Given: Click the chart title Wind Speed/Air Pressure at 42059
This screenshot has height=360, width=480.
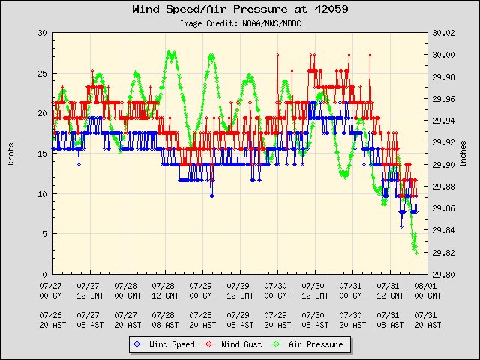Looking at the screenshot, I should tap(239, 10).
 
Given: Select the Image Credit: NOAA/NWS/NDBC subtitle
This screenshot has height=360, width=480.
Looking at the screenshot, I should tap(240, 23).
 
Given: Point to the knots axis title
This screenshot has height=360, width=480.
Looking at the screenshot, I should tap(11, 154).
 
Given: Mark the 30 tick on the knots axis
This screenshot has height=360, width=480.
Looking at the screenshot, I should tap(42, 34).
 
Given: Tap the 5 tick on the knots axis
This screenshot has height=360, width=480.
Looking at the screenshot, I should tap(44, 234).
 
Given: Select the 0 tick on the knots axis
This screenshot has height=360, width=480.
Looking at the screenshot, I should tap(44, 274).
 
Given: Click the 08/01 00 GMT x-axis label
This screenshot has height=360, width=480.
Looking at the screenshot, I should tap(427, 290).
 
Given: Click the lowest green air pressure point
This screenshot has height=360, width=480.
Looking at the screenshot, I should tap(415, 252).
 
